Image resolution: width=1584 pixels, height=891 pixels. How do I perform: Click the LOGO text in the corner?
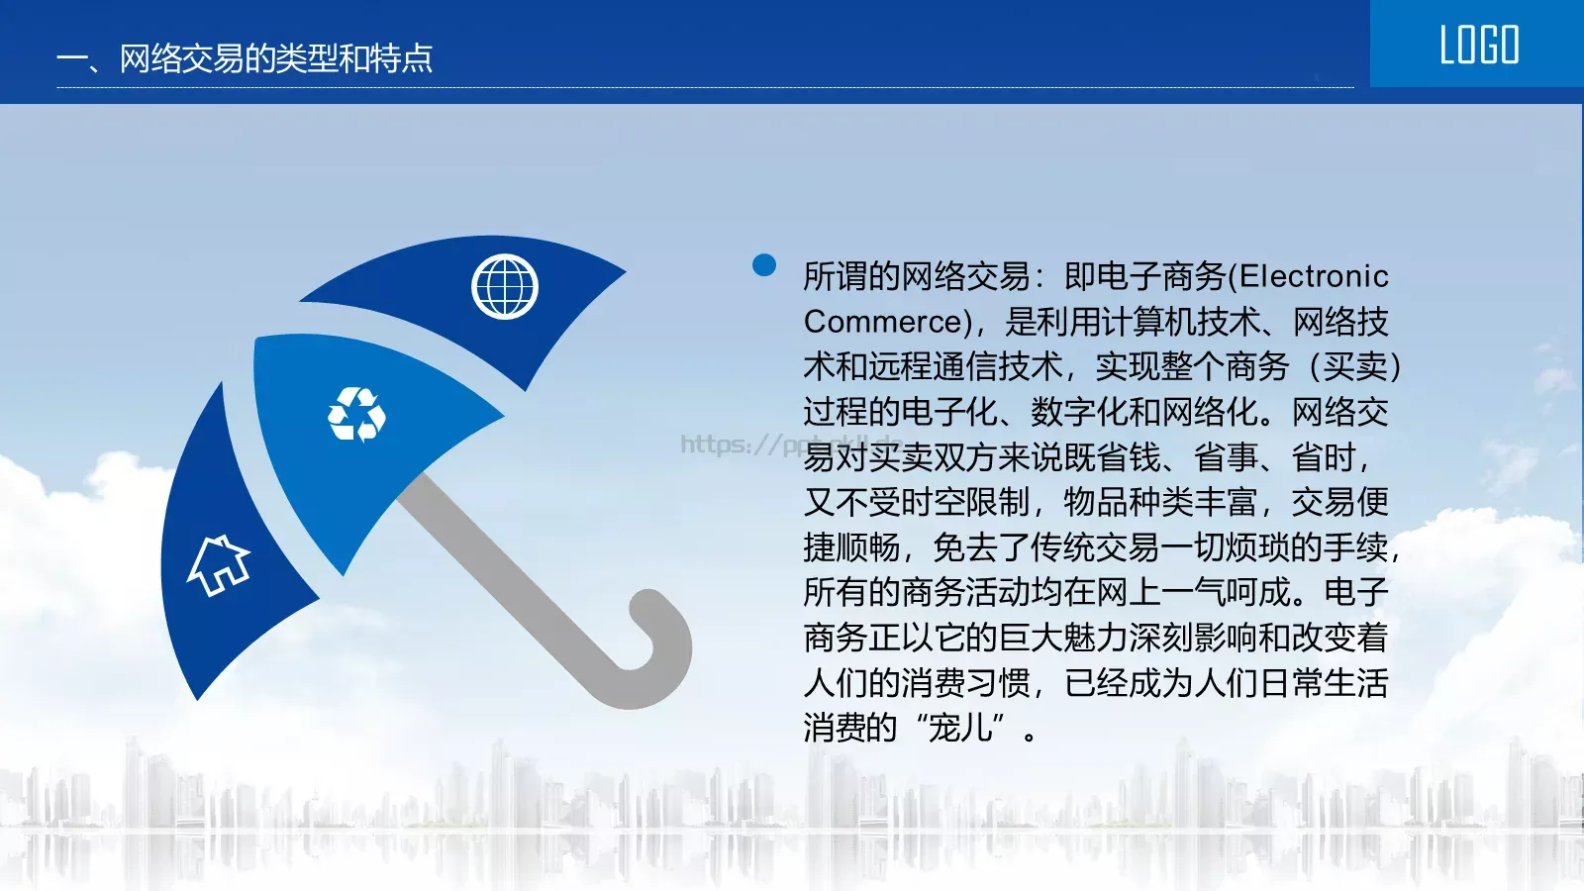pos(1478,46)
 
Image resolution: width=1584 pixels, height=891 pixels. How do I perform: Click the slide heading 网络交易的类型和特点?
pos(275,58)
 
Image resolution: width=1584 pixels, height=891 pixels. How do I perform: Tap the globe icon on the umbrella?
pos(505,287)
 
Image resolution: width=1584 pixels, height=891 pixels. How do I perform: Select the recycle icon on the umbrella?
pos(356,414)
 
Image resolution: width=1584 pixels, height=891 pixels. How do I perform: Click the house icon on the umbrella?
pos(219,565)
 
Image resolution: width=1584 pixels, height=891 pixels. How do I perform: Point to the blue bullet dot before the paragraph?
pos(764,264)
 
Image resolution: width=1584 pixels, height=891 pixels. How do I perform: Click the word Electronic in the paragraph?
pos(1314,276)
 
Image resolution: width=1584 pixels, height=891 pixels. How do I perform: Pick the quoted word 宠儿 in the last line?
pos(959,728)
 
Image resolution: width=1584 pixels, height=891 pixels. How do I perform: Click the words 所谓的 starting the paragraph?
pos(851,276)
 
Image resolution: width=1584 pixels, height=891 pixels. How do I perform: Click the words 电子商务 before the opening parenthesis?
pos(1162,276)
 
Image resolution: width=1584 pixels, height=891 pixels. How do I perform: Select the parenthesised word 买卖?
pos(1354,367)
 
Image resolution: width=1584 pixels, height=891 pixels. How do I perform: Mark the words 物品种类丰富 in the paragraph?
pos(1159,503)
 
